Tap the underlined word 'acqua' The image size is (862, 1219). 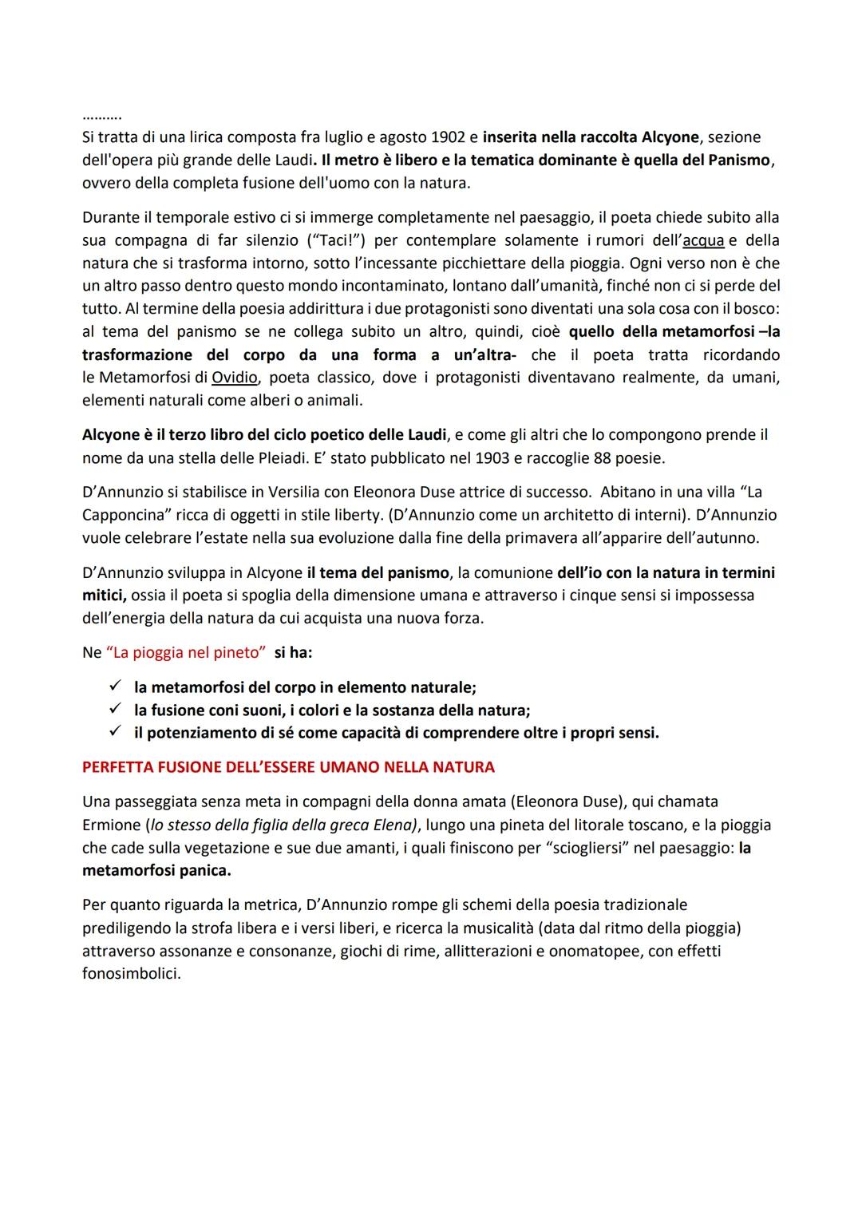(x=703, y=240)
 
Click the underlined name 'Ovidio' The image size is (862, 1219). (x=234, y=377)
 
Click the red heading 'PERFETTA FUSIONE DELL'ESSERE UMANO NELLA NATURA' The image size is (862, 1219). (x=288, y=767)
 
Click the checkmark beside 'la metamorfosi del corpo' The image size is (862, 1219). (x=115, y=687)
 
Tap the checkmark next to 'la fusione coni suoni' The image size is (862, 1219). (x=115, y=710)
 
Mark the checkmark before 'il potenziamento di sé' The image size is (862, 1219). (x=115, y=732)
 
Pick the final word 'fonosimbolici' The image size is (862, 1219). (x=130, y=974)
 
